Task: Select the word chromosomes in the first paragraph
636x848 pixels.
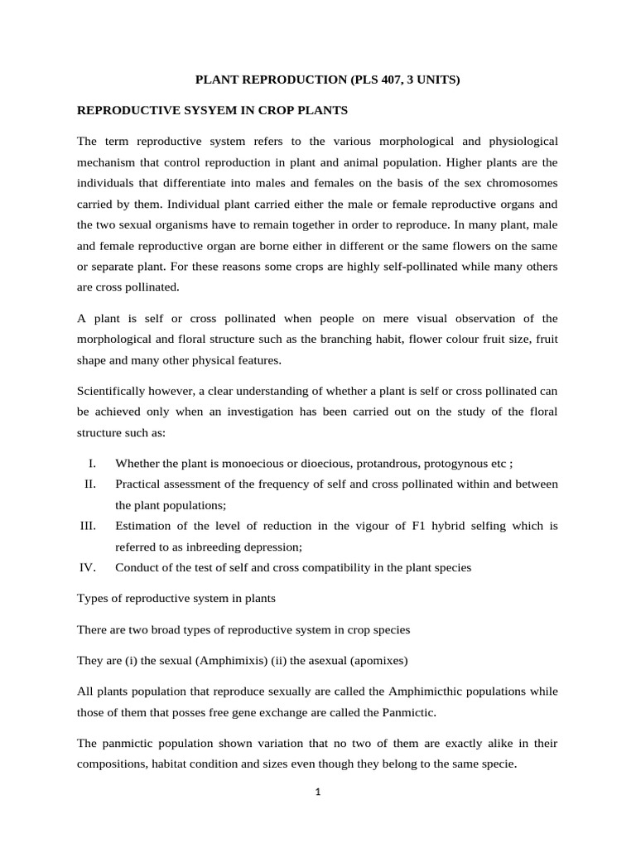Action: [x=518, y=182]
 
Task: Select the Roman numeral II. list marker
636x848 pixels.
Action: [x=91, y=483]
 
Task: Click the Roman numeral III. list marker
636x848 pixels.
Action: [x=89, y=525]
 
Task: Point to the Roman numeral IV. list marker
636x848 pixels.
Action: [x=89, y=567]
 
